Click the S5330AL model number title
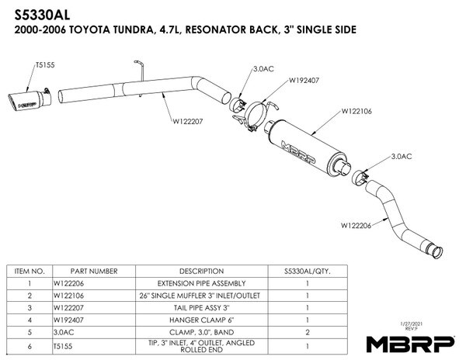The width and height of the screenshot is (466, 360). pyautogui.click(x=42, y=15)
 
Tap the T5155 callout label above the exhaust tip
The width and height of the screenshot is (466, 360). pyautogui.click(x=45, y=65)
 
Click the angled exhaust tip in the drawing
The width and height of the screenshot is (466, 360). pyautogui.click(x=30, y=100)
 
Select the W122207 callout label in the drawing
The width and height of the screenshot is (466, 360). pyautogui.click(x=187, y=121)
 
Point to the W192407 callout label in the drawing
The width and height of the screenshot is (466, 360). pyautogui.click(x=304, y=80)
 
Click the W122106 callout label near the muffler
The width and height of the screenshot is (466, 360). pyautogui.click(x=356, y=111)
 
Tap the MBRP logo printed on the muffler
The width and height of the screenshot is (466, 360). pyautogui.click(x=298, y=152)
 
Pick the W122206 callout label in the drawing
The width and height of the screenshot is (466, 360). pyautogui.click(x=356, y=226)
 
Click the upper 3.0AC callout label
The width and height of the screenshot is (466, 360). pyautogui.click(x=263, y=69)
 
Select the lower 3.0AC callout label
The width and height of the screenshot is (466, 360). pyautogui.click(x=402, y=157)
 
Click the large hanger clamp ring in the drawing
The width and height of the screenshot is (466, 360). pyautogui.click(x=255, y=115)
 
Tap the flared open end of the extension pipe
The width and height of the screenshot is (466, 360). pyautogui.click(x=436, y=252)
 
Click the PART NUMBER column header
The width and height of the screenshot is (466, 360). pyautogui.click(x=94, y=272)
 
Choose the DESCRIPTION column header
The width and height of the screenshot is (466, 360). pyautogui.click(x=201, y=272)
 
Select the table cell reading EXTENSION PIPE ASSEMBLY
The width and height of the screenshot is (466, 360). pyautogui.click(x=201, y=283)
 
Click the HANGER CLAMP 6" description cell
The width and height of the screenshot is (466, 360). pyautogui.click(x=201, y=320)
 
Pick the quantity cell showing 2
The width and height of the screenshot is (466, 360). pyautogui.click(x=308, y=332)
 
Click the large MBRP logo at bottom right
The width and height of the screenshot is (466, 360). pyautogui.click(x=410, y=344)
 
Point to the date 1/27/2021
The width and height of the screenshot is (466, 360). pyautogui.click(x=412, y=324)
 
